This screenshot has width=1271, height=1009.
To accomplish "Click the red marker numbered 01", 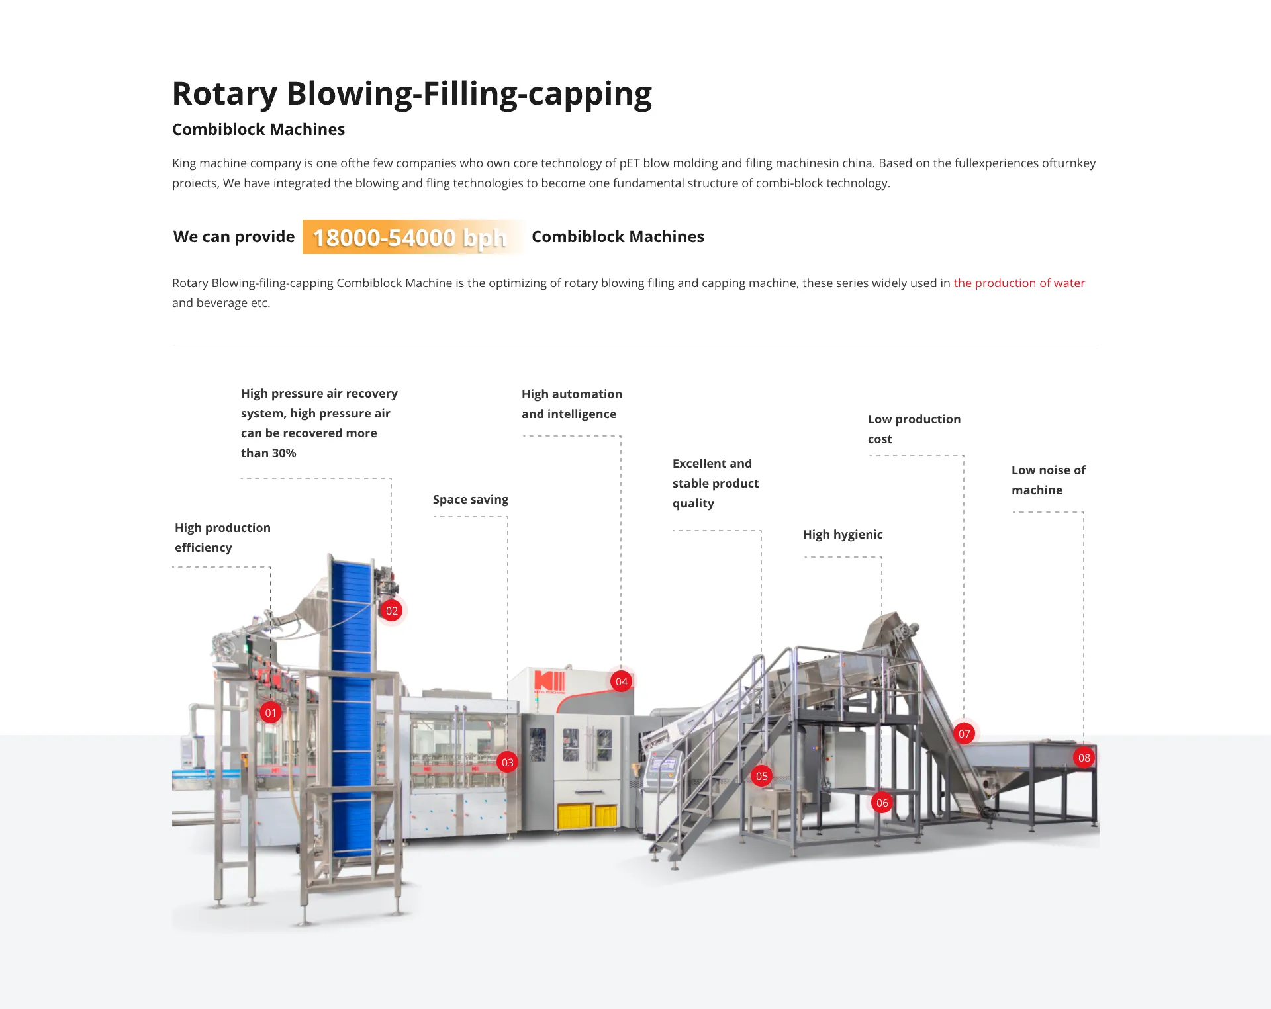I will [x=270, y=713].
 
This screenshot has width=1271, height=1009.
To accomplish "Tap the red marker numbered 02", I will [x=392, y=611].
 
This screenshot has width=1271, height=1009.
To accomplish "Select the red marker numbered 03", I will [x=508, y=762].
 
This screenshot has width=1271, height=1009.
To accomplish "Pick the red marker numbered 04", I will [x=622, y=681].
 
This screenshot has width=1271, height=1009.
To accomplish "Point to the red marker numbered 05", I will [x=762, y=776].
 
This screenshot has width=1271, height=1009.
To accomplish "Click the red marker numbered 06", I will [x=882, y=803].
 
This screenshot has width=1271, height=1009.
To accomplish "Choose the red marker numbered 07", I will [x=965, y=734].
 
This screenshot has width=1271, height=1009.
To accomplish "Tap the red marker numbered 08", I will [x=1084, y=758].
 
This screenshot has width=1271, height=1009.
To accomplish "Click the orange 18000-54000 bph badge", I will [x=410, y=237].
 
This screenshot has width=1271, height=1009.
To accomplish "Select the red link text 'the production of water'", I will [x=1019, y=283].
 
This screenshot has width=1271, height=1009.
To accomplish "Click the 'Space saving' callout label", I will [x=471, y=500].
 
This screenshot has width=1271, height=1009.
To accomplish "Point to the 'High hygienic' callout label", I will [x=843, y=535].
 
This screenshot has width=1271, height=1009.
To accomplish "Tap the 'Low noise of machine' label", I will [x=1048, y=480].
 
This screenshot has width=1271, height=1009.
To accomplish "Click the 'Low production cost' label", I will [x=914, y=429].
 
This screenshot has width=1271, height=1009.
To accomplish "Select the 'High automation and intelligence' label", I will [x=571, y=404].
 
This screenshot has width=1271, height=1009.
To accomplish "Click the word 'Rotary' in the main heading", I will [x=224, y=93].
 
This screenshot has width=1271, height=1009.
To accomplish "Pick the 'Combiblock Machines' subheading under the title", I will [x=258, y=130].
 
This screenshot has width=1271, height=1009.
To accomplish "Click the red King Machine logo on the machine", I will [x=549, y=682].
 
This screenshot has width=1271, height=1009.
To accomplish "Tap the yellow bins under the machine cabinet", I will [x=587, y=816].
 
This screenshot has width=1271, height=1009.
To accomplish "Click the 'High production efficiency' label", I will [x=222, y=537].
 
